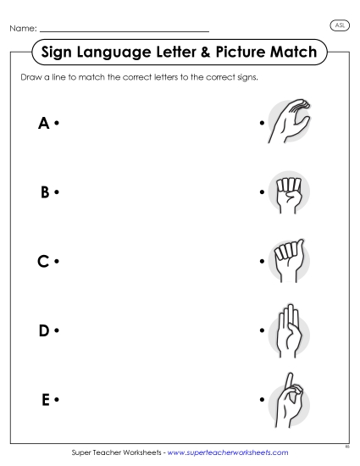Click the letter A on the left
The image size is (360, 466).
click(x=44, y=124)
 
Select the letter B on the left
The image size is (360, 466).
click(x=44, y=192)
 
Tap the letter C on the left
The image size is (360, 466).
click(x=44, y=262)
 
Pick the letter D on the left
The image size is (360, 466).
click(x=44, y=330)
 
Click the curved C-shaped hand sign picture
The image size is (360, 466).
click(x=288, y=121)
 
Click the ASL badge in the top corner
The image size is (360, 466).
click(x=339, y=25)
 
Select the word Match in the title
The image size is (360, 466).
click(x=290, y=53)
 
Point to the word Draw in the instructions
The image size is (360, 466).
click(x=28, y=77)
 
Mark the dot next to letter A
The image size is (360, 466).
click(x=56, y=124)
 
